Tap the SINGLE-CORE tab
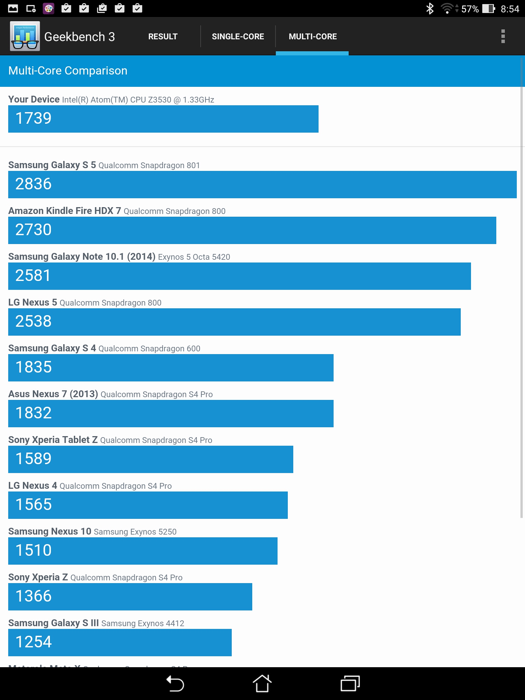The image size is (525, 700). point(238,37)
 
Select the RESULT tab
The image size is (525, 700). point(163,37)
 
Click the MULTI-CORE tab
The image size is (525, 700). point(312,37)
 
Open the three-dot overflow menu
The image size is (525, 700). point(503,36)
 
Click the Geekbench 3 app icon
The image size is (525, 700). point(25,36)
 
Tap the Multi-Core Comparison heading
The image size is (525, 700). point(68,71)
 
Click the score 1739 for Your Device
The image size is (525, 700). point(33,119)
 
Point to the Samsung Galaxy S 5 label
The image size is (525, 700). point(52,165)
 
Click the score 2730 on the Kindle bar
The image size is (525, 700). point(33,230)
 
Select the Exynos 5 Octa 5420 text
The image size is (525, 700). point(194,257)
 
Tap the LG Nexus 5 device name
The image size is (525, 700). point(32,302)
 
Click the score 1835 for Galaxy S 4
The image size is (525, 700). point(33,367)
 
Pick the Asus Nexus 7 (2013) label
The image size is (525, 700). point(53,394)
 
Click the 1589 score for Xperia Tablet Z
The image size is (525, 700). point(33,459)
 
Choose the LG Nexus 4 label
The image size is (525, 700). point(32,486)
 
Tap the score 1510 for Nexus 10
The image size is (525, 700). point(33,551)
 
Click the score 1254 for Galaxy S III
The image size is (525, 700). point(33,642)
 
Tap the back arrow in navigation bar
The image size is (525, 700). point(175,684)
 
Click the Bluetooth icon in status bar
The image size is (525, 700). point(430,9)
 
